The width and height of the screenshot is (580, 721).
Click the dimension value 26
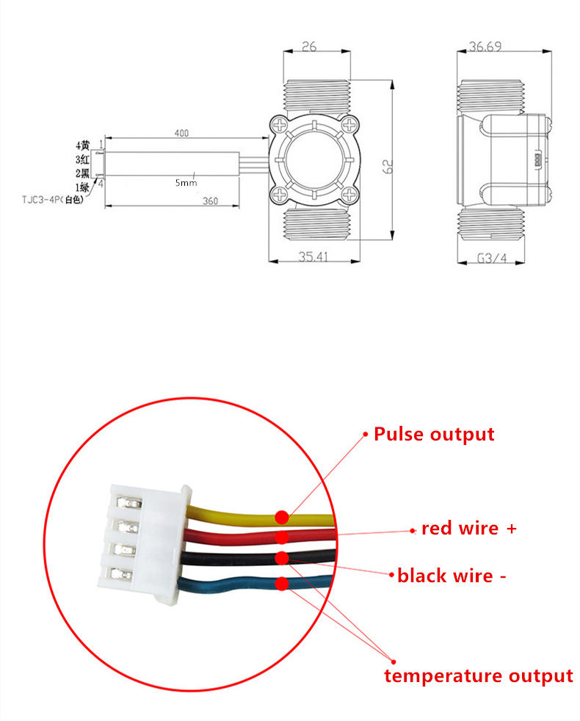(309, 46)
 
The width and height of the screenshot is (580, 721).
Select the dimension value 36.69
(485, 46)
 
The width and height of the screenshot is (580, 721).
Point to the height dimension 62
(388, 166)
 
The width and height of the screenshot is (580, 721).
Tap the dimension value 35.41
(313, 256)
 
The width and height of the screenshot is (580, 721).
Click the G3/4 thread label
(492, 258)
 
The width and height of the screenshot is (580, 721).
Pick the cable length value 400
(181, 133)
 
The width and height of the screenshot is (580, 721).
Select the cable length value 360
(210, 201)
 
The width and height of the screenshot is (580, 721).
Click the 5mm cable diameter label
(186, 183)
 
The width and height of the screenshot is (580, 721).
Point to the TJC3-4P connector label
(53, 200)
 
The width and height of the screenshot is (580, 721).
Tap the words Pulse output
(434, 435)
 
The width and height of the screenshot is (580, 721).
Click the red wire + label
(468, 529)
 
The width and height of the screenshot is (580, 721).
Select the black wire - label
(452, 576)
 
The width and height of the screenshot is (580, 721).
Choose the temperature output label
(479, 676)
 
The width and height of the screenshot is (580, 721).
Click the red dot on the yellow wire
(282, 518)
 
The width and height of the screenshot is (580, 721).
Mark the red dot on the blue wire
(282, 584)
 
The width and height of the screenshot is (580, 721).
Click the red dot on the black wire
(282, 558)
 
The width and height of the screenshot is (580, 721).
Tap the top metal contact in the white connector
(128, 502)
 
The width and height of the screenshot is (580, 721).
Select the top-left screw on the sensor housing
(280, 125)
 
